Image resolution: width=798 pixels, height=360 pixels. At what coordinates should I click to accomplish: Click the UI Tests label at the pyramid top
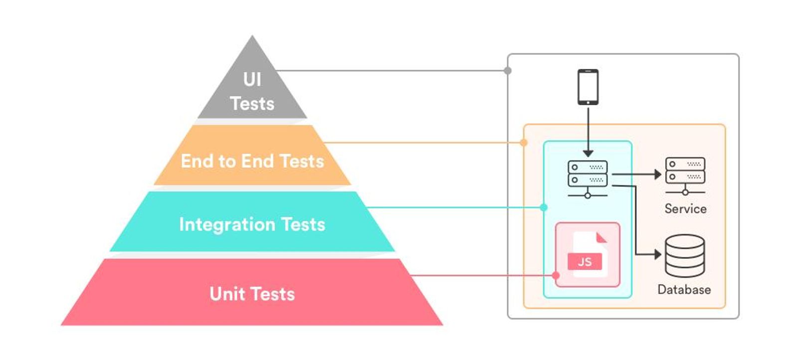click(x=252, y=92)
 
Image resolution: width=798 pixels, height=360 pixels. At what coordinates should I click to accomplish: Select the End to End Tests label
click(x=252, y=161)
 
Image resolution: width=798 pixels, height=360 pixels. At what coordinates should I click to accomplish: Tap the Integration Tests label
click(x=252, y=224)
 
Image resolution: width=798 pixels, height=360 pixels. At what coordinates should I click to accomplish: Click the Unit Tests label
click(x=252, y=294)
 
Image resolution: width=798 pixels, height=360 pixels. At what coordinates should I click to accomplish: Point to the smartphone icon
click(x=588, y=87)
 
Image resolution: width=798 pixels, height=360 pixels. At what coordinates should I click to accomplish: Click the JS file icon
click(x=589, y=254)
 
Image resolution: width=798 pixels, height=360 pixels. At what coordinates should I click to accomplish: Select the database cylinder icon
click(x=685, y=256)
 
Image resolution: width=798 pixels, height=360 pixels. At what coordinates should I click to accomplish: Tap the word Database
click(x=684, y=290)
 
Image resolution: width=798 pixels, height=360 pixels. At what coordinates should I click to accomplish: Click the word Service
click(x=685, y=209)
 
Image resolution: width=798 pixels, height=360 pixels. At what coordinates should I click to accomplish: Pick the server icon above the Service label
click(x=685, y=175)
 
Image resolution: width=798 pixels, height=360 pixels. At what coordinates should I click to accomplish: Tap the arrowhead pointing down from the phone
click(x=588, y=153)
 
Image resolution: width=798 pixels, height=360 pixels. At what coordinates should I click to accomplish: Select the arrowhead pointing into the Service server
click(x=658, y=175)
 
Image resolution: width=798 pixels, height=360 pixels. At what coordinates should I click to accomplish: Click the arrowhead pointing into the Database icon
click(x=658, y=254)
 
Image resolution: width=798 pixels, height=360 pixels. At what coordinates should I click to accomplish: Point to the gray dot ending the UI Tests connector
click(x=508, y=71)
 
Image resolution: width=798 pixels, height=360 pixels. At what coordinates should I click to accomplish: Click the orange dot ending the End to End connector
click(x=524, y=143)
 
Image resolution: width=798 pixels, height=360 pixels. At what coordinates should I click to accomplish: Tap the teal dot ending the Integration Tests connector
click(x=544, y=207)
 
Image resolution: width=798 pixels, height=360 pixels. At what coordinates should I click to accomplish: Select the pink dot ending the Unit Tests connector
click(x=556, y=275)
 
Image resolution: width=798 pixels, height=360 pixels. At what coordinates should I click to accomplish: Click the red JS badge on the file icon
click(x=585, y=262)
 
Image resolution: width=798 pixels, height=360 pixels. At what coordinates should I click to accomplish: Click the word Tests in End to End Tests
click(x=302, y=161)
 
